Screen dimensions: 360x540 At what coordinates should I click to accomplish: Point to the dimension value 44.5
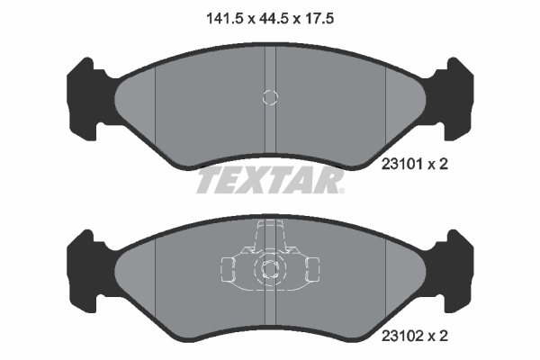(270, 16)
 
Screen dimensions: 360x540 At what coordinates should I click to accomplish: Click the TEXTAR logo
(270, 181)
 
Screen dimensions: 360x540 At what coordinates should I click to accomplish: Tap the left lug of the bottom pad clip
(229, 268)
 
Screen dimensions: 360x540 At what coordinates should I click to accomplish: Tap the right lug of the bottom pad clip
(311, 268)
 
